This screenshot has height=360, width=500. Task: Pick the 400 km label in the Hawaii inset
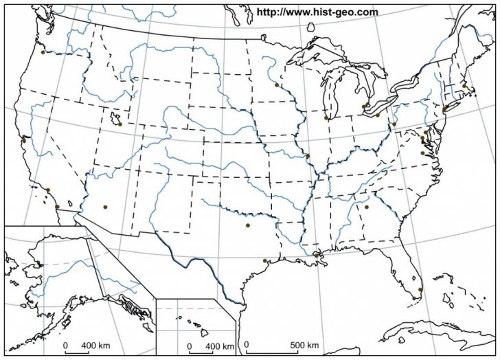(220, 345)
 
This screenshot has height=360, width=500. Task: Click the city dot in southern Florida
(420, 289)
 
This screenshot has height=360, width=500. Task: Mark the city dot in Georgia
(367, 207)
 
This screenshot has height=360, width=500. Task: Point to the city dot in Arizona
(105, 207)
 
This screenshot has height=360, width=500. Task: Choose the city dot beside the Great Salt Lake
(120, 124)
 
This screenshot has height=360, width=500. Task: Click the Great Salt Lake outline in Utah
(113, 118)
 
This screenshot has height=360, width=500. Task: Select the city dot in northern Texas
(248, 225)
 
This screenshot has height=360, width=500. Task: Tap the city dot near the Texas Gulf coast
(264, 260)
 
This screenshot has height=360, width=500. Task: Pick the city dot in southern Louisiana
(316, 256)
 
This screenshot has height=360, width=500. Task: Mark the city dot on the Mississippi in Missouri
(308, 155)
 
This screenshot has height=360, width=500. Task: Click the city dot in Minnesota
(276, 85)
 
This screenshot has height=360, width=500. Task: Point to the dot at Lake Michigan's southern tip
(326, 118)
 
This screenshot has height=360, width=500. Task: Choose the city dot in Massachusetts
(464, 86)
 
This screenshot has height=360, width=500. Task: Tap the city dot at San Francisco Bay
(23, 140)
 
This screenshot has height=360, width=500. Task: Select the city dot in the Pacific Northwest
(43, 52)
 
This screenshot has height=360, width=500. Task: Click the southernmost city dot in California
(56, 207)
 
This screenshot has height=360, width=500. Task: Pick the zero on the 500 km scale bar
(247, 345)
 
